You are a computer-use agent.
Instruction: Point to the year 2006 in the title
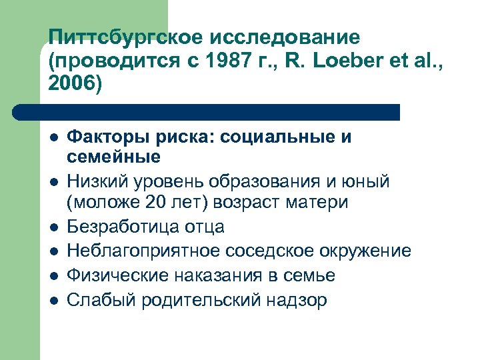[70, 85]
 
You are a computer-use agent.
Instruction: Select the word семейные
[113, 157]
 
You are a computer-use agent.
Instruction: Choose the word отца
[202, 226]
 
